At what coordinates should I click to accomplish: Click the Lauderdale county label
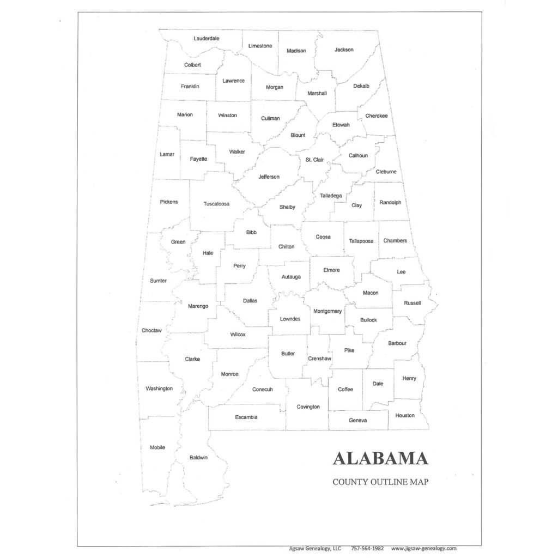(207, 39)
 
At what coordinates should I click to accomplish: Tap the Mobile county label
(157, 447)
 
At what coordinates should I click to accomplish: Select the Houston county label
(405, 415)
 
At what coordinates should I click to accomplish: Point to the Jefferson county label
(269, 177)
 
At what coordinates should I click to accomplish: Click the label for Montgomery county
(327, 311)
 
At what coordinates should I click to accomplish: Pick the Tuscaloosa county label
(216, 204)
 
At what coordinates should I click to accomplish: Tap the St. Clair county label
(314, 160)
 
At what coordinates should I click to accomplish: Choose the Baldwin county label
(198, 457)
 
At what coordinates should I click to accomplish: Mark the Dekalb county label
(361, 86)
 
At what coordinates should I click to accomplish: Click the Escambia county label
(246, 417)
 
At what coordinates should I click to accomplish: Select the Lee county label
(401, 271)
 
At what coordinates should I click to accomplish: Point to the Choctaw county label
(151, 330)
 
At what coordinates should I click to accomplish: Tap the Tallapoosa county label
(361, 241)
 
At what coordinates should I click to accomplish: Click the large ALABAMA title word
(380, 458)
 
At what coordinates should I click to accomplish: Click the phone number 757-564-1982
(368, 549)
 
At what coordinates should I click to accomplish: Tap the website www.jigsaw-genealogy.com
(423, 549)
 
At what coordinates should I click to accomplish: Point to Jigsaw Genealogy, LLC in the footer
(315, 549)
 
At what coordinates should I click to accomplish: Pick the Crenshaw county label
(319, 359)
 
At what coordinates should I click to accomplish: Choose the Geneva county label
(358, 420)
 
